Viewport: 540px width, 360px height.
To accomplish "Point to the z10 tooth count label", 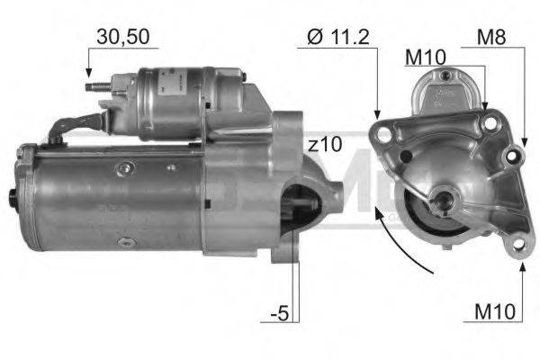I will coord(325,144).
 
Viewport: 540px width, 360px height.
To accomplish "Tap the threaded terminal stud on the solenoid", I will coord(94,88).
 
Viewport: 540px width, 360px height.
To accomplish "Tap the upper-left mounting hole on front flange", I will coord(385,136).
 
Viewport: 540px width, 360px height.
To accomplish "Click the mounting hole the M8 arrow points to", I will coord(514,155).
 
